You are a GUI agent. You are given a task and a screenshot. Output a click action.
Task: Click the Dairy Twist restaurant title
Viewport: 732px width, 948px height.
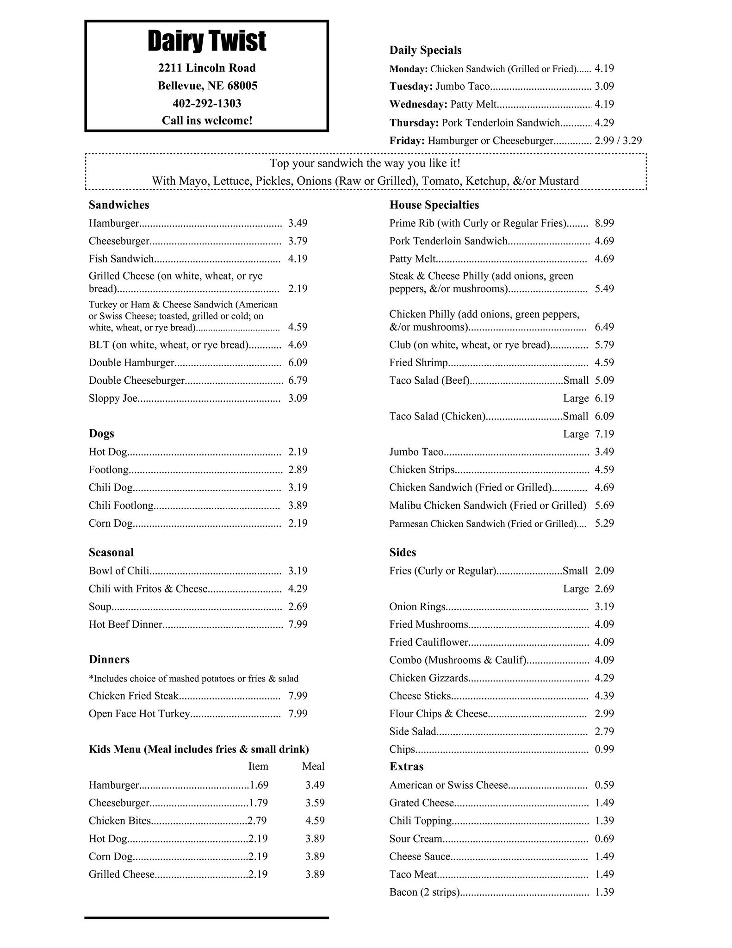207,42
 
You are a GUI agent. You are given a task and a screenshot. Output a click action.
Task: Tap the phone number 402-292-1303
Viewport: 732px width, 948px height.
207,103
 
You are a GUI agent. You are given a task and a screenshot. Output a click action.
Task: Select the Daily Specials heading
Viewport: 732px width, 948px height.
425,50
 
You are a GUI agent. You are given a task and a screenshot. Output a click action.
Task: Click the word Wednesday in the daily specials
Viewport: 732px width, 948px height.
418,105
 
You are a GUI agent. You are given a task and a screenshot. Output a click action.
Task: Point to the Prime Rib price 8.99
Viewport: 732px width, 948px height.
604,223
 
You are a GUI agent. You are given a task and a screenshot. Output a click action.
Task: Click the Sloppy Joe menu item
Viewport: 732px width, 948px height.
113,399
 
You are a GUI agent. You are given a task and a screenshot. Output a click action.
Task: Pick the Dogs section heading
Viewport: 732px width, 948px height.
101,434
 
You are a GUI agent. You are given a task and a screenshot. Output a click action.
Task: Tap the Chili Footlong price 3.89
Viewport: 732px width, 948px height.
298,505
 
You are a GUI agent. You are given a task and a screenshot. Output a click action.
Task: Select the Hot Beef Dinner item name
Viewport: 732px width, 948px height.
125,624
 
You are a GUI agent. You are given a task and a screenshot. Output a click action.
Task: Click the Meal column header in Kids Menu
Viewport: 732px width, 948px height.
313,767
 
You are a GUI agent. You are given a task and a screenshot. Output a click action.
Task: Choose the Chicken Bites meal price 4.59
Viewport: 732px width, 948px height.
315,821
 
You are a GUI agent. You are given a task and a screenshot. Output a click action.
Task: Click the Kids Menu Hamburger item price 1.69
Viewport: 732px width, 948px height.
259,785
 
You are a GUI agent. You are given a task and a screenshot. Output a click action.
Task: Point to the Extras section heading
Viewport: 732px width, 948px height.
406,767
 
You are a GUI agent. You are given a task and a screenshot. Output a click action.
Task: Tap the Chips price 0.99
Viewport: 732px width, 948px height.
604,749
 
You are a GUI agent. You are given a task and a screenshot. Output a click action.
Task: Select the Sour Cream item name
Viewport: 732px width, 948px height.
416,839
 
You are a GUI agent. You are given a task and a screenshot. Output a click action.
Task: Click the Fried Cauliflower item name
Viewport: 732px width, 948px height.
428,642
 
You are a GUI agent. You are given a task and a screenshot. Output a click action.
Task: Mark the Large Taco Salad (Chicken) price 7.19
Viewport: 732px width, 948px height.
604,434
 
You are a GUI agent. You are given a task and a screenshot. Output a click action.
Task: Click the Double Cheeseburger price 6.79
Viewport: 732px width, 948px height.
298,380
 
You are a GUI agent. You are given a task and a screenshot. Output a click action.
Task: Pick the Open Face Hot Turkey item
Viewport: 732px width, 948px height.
139,714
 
